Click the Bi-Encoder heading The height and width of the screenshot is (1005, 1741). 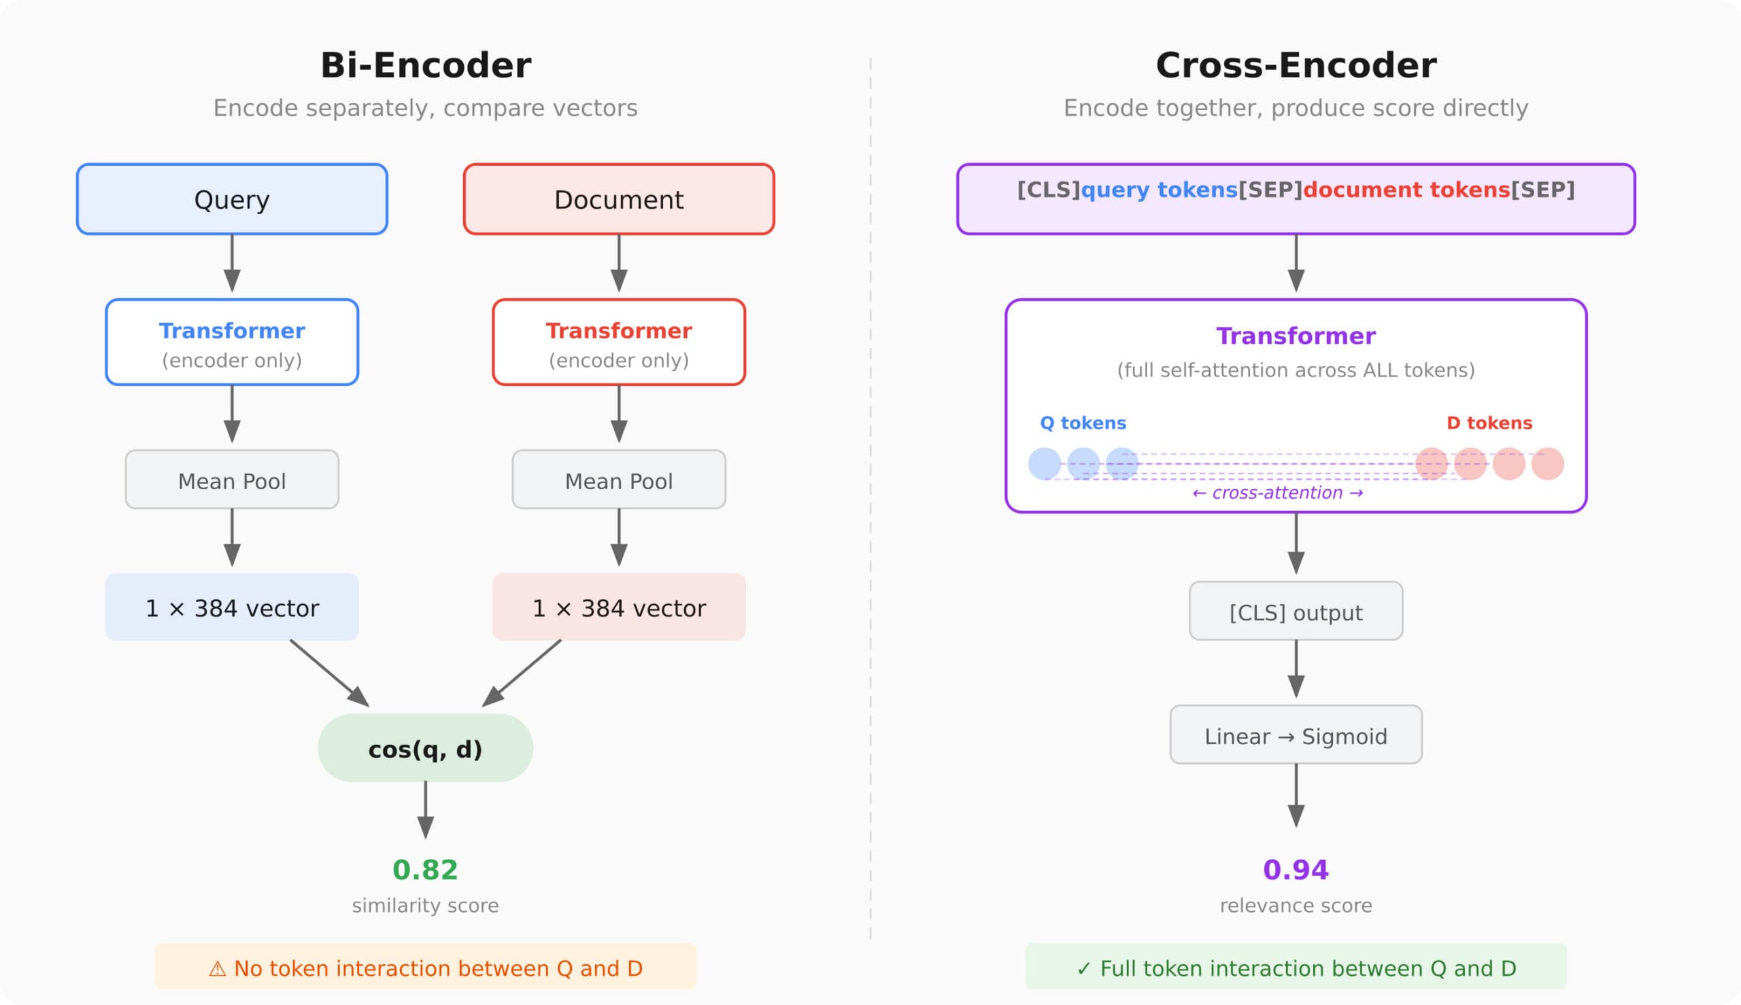[x=426, y=66]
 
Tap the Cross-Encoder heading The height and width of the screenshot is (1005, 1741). [x=1296, y=66]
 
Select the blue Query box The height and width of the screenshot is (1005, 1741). [x=232, y=200]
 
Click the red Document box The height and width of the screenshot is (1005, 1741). [x=619, y=200]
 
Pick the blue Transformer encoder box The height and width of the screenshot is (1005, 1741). [x=232, y=342]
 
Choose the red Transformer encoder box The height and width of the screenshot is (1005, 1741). [x=619, y=342]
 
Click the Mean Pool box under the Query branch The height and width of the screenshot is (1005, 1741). [x=232, y=480]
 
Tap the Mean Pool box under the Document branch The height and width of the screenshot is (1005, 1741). [x=619, y=480]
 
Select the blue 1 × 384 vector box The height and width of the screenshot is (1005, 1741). [x=232, y=607]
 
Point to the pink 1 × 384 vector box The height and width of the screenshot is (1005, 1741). [x=619, y=607]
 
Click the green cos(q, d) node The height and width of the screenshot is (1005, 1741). [x=426, y=749]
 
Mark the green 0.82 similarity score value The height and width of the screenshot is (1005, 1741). [x=426, y=870]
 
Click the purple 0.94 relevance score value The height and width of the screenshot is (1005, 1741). [x=1296, y=870]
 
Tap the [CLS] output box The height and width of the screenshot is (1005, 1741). [x=1296, y=612]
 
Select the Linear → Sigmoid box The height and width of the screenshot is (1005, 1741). [x=1296, y=736]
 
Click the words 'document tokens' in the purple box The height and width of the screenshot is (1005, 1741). [x=1406, y=190]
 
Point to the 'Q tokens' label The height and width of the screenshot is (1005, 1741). [x=1083, y=423]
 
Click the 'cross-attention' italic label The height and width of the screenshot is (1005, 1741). [x=1278, y=493]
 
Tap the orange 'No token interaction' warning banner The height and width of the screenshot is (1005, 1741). [x=426, y=968]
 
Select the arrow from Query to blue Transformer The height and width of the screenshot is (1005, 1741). [x=232, y=262]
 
